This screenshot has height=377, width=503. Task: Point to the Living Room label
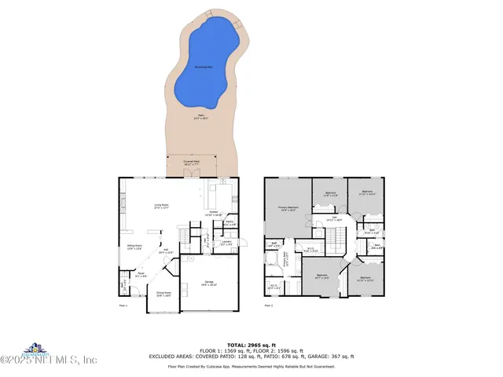[x=162, y=207]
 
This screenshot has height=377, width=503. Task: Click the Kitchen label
[x=212, y=213]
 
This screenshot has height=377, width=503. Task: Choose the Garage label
[x=209, y=282]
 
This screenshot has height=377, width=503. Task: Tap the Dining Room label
[x=163, y=295]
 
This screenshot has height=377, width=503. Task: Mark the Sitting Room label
[x=135, y=247]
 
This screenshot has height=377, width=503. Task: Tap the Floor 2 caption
[x=268, y=305]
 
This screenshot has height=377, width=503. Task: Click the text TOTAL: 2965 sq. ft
[x=251, y=345]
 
